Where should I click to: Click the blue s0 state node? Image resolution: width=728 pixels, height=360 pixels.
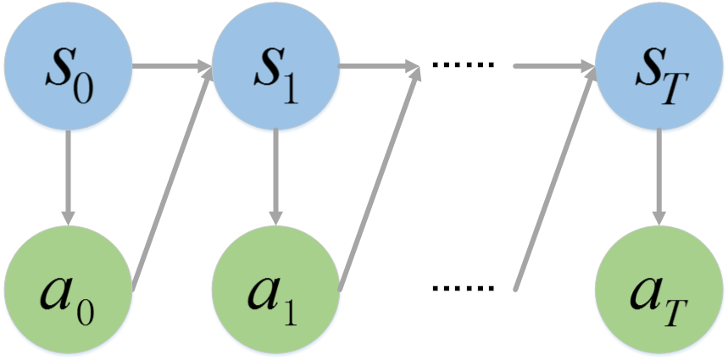point(69,66)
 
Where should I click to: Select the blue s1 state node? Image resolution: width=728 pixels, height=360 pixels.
point(275,66)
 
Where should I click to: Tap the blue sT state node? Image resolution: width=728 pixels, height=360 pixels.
point(659,66)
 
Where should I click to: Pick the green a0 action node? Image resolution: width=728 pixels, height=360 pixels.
point(69,290)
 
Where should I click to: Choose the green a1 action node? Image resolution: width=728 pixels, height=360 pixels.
point(275,290)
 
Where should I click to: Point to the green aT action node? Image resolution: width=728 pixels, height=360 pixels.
point(659,290)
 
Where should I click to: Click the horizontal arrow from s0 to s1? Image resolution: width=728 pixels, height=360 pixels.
point(172,66)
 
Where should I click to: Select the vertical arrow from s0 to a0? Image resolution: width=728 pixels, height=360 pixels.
point(69,178)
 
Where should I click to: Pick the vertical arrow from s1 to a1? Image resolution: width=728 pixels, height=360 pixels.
point(275,178)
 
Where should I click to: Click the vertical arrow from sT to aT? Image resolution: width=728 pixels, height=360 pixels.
point(659,178)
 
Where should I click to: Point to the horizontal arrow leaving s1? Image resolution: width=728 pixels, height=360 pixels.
point(380,66)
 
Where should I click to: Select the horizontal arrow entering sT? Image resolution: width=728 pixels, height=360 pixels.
point(554,66)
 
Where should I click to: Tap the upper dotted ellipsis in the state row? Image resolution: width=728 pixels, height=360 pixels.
point(463,65)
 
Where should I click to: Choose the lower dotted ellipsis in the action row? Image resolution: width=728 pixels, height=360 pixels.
point(463,288)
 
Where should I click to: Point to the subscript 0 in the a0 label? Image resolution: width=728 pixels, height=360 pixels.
point(86,313)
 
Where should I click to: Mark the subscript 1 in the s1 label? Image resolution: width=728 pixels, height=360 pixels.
point(290,91)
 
